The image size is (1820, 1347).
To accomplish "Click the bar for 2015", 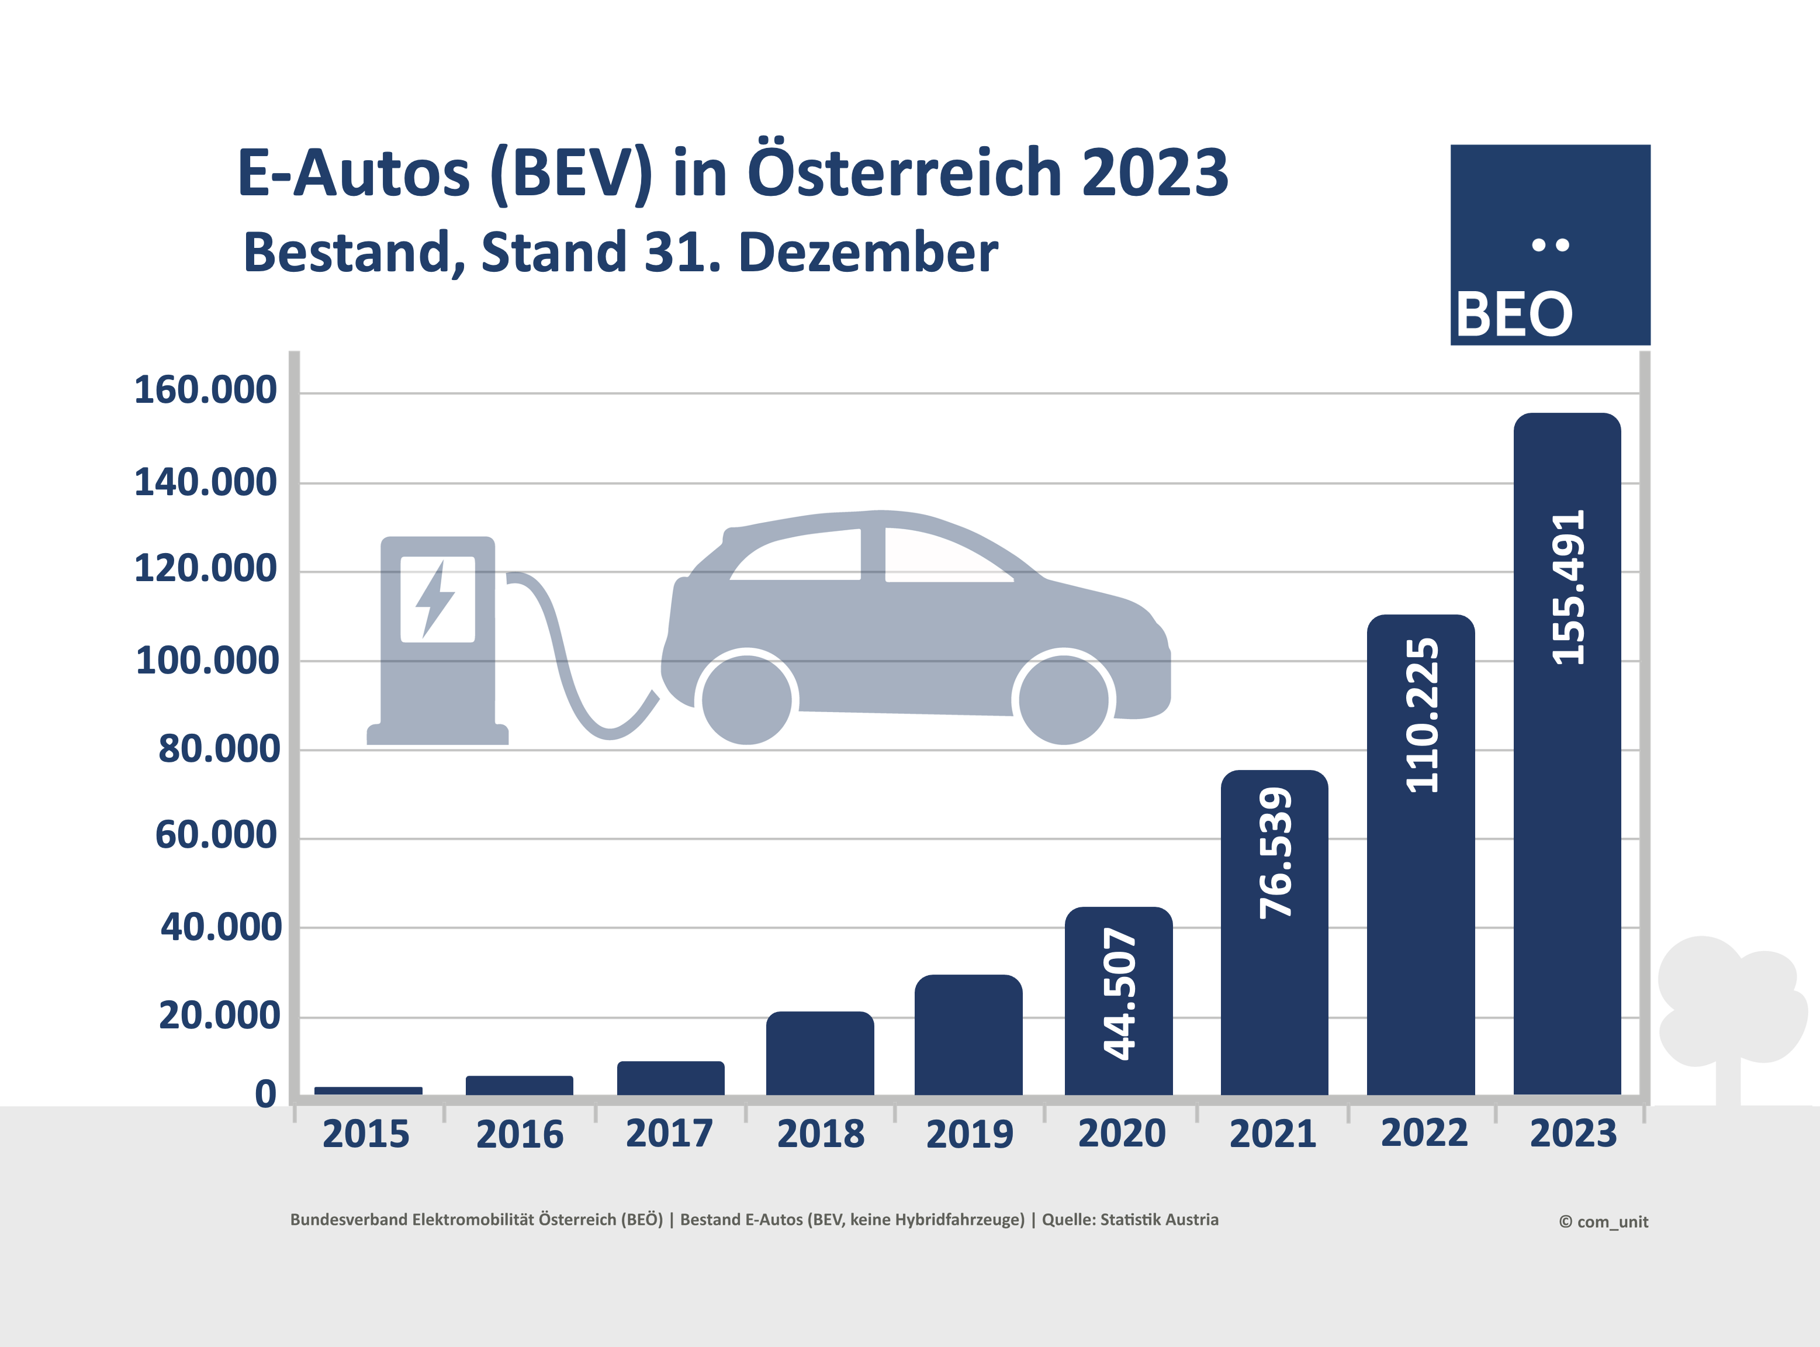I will click(368, 1091).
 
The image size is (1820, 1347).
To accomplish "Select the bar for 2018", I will click(820, 1054).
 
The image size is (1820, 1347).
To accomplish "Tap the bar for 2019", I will click(968, 1035).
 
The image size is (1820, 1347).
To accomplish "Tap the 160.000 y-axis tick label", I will click(205, 390).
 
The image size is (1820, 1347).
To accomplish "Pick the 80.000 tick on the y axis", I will click(219, 748).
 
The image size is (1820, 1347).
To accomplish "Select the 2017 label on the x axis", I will click(669, 1134).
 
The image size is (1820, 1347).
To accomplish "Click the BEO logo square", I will click(1550, 244).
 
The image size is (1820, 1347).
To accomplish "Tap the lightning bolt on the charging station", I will click(435, 599).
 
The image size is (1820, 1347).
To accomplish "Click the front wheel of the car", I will click(1064, 699).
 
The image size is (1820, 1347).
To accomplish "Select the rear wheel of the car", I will click(746, 699).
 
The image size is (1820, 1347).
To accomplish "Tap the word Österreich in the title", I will click(905, 173).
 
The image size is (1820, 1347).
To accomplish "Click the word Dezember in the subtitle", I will click(867, 252).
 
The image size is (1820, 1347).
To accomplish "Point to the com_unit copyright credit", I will click(1603, 1221).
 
